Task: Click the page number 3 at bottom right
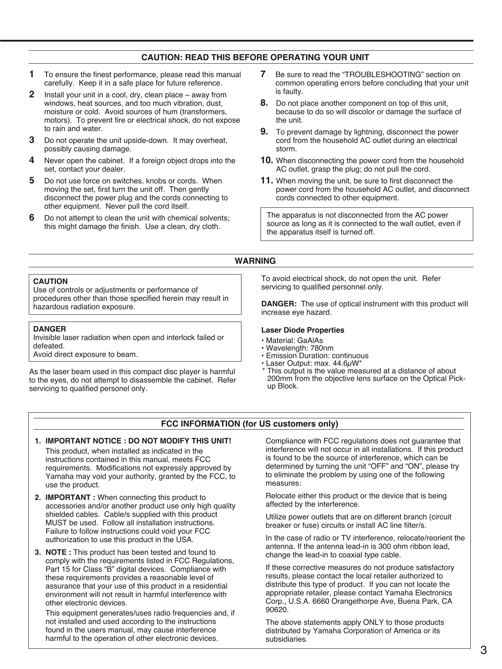[483, 650]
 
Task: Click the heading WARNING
[255, 261]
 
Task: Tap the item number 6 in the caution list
[32, 217]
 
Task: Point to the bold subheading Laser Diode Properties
[303, 330]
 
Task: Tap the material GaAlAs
[310, 341]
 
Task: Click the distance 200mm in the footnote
[278, 379]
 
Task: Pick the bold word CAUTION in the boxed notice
[50, 281]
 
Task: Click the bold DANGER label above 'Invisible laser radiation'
[49, 329]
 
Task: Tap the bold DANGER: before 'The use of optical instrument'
[279, 304]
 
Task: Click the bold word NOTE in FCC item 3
[58, 552]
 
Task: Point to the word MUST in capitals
[53, 523]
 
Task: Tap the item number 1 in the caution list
[32, 74]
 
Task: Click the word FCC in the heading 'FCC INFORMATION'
[170, 424]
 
